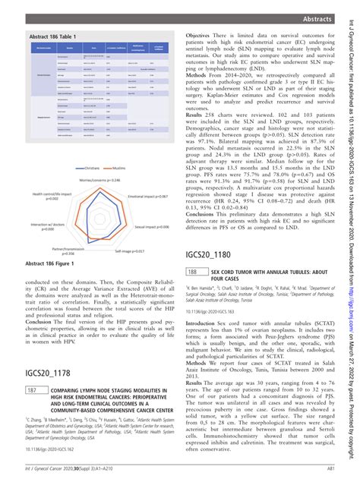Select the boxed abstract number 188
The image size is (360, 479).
pos(194,251)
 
